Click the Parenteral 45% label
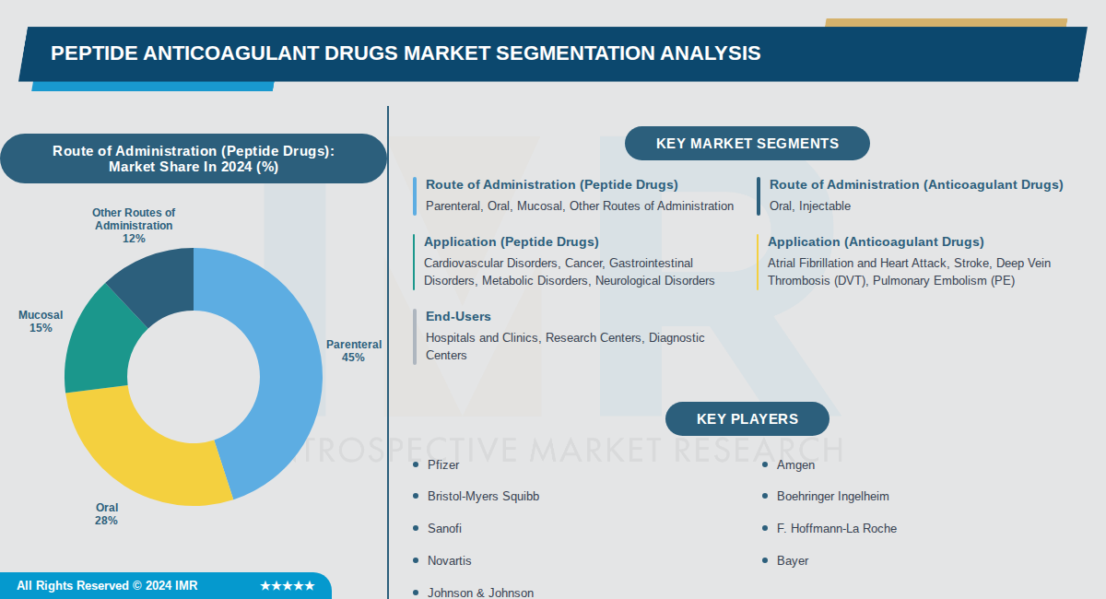[x=353, y=351]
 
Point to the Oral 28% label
[x=106, y=514]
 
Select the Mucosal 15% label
[x=41, y=322]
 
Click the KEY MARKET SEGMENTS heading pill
[x=747, y=144]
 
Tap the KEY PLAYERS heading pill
[x=747, y=419]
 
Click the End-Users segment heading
[x=458, y=316]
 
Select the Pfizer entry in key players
[x=443, y=464]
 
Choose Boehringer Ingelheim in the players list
[x=832, y=496]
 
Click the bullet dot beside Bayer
[x=766, y=560]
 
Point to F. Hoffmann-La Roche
[x=836, y=528]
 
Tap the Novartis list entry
[x=449, y=560]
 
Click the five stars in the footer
[x=288, y=586]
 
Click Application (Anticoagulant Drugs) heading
[x=876, y=241]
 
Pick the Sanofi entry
[x=444, y=528]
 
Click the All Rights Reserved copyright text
[x=107, y=586]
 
